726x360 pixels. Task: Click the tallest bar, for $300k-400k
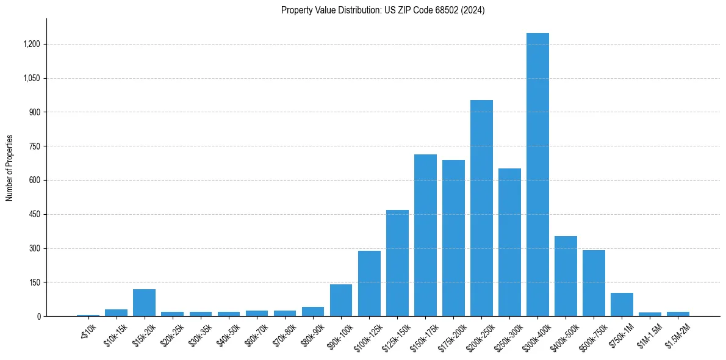click(537, 175)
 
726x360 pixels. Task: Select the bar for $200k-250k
click(481, 208)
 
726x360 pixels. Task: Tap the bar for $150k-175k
click(425, 235)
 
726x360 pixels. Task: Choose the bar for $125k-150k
click(397, 263)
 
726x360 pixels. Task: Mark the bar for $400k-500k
click(566, 276)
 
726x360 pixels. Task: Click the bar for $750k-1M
click(622, 304)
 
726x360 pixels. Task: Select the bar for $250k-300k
click(509, 242)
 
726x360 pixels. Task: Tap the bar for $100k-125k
click(369, 283)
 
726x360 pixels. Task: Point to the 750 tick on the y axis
click(35, 146)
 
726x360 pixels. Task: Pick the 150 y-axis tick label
click(35, 283)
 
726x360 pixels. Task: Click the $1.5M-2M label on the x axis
click(676, 331)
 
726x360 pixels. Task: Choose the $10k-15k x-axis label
click(115, 331)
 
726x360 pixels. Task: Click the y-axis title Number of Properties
click(10, 168)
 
